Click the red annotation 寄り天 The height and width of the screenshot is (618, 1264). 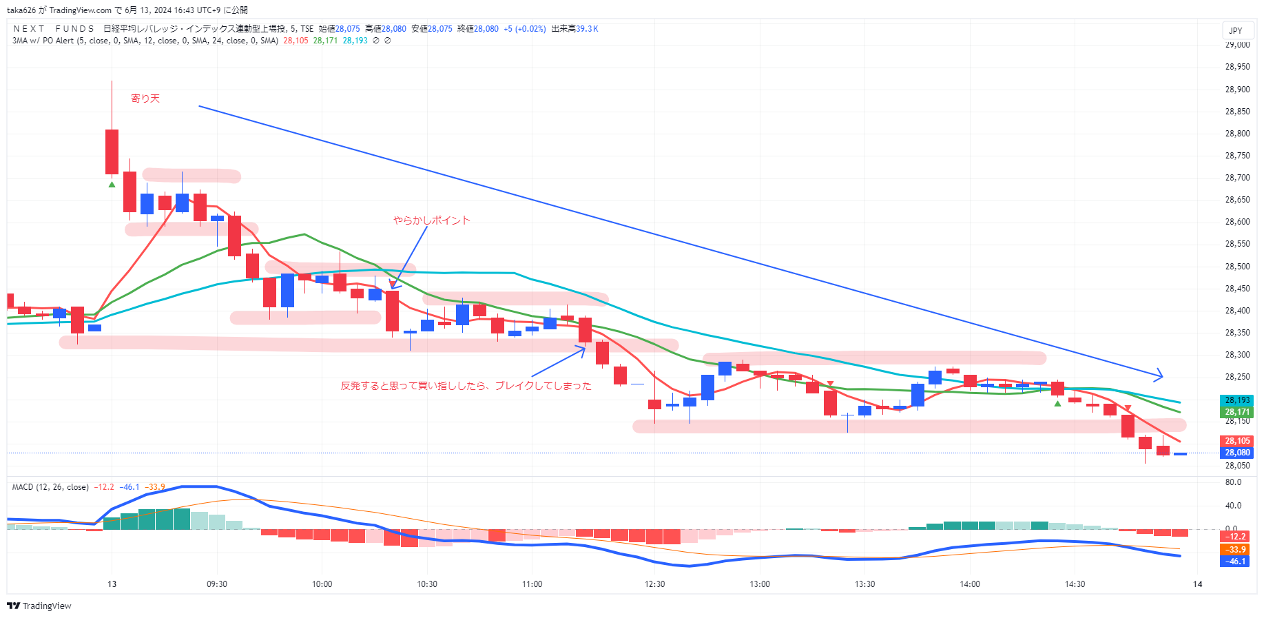[145, 99]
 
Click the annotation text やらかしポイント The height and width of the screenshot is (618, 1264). [431, 220]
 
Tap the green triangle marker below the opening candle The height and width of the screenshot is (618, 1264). [112, 184]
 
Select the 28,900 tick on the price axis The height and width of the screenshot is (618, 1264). [1237, 90]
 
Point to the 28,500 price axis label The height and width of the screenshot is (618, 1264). [1237, 267]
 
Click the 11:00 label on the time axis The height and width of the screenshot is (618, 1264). [532, 584]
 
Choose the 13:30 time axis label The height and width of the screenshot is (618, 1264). [864, 584]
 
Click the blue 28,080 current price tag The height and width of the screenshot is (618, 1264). [1237, 453]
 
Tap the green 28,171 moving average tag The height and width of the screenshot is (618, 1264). [1237, 412]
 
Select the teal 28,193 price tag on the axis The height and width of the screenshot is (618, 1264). [1237, 400]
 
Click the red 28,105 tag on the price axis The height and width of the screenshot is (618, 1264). [1237, 441]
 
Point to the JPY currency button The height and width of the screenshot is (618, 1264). [1236, 30]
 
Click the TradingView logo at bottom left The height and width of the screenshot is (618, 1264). [39, 606]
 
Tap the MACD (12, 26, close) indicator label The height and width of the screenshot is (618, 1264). [50, 487]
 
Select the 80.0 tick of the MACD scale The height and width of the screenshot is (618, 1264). [1233, 482]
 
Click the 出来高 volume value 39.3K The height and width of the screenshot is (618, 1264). [587, 29]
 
